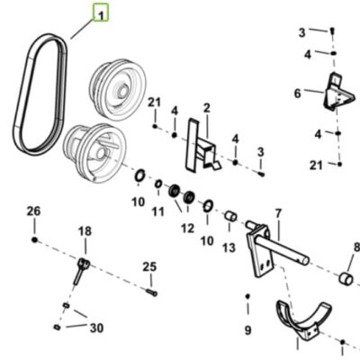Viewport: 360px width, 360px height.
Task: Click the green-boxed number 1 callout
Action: pos(101,13)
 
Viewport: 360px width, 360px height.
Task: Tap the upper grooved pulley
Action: pos(118,90)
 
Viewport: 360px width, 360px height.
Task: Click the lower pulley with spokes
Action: pos(94,153)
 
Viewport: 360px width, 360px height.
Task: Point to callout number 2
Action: pos(207,108)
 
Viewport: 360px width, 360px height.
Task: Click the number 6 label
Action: pos(297,94)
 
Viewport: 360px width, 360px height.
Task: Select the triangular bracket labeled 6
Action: pos(338,91)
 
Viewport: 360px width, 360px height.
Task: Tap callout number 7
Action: pos(278,213)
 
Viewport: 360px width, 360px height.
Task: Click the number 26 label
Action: pos(33,211)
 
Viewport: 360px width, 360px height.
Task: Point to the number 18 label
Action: pos(85,231)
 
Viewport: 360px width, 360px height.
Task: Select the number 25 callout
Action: pos(149,266)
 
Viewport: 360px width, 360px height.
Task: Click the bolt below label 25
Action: pos(152,292)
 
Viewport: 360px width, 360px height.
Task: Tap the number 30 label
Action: pos(96,328)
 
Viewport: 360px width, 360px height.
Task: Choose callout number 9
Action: pos(247,330)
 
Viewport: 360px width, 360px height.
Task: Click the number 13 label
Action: pos(229,247)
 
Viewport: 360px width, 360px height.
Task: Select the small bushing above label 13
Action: pos(230,216)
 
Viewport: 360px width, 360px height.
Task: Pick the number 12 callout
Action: pos(187,229)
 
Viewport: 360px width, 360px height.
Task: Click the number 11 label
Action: pos(158,211)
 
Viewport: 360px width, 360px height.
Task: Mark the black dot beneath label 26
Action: pos(34,239)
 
